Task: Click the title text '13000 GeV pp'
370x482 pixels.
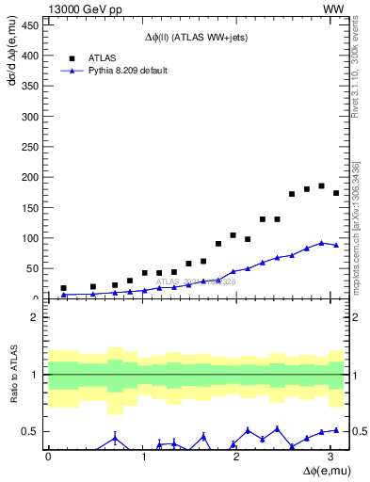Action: click(83, 9)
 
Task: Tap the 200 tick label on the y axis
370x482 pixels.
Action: click(31, 177)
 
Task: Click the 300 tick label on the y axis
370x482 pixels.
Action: click(31, 116)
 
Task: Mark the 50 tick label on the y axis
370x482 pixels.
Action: click(34, 268)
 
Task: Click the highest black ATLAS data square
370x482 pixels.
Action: click(321, 185)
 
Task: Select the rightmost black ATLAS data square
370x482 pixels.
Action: click(336, 193)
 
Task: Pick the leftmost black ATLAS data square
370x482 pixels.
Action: click(63, 288)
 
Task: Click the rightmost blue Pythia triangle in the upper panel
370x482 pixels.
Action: click(336, 246)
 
